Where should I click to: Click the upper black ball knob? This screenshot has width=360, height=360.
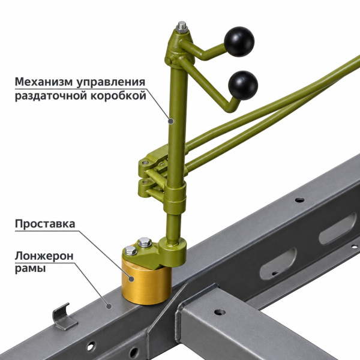pos(239,41)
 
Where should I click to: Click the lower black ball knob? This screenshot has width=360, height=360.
pos(243,85)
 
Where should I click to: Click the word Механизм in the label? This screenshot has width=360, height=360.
pos(43,82)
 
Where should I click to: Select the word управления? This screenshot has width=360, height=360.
pos(110,83)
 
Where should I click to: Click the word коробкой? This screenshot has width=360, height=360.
pos(118,95)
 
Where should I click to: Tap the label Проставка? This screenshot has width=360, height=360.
pos(45,224)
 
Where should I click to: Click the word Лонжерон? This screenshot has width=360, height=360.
pos(44,256)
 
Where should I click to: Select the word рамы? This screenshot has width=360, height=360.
pos(30,268)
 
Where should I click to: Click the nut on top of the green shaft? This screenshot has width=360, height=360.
pos(182,27)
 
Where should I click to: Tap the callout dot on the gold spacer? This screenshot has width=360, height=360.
pos(131,279)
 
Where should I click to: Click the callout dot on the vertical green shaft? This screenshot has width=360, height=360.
pos(170,121)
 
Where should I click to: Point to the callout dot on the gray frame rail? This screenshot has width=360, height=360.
pos(109,306)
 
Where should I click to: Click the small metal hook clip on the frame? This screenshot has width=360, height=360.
pos(64,317)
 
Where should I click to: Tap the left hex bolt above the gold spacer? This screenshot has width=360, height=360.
pos(131,250)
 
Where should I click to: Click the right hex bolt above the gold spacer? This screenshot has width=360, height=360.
pos(145,242)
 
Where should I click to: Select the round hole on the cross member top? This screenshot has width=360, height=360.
pos(220,312)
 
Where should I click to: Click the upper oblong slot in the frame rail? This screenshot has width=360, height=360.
pos(337,229)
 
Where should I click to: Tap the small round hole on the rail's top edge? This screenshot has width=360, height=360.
pos(299,200)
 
